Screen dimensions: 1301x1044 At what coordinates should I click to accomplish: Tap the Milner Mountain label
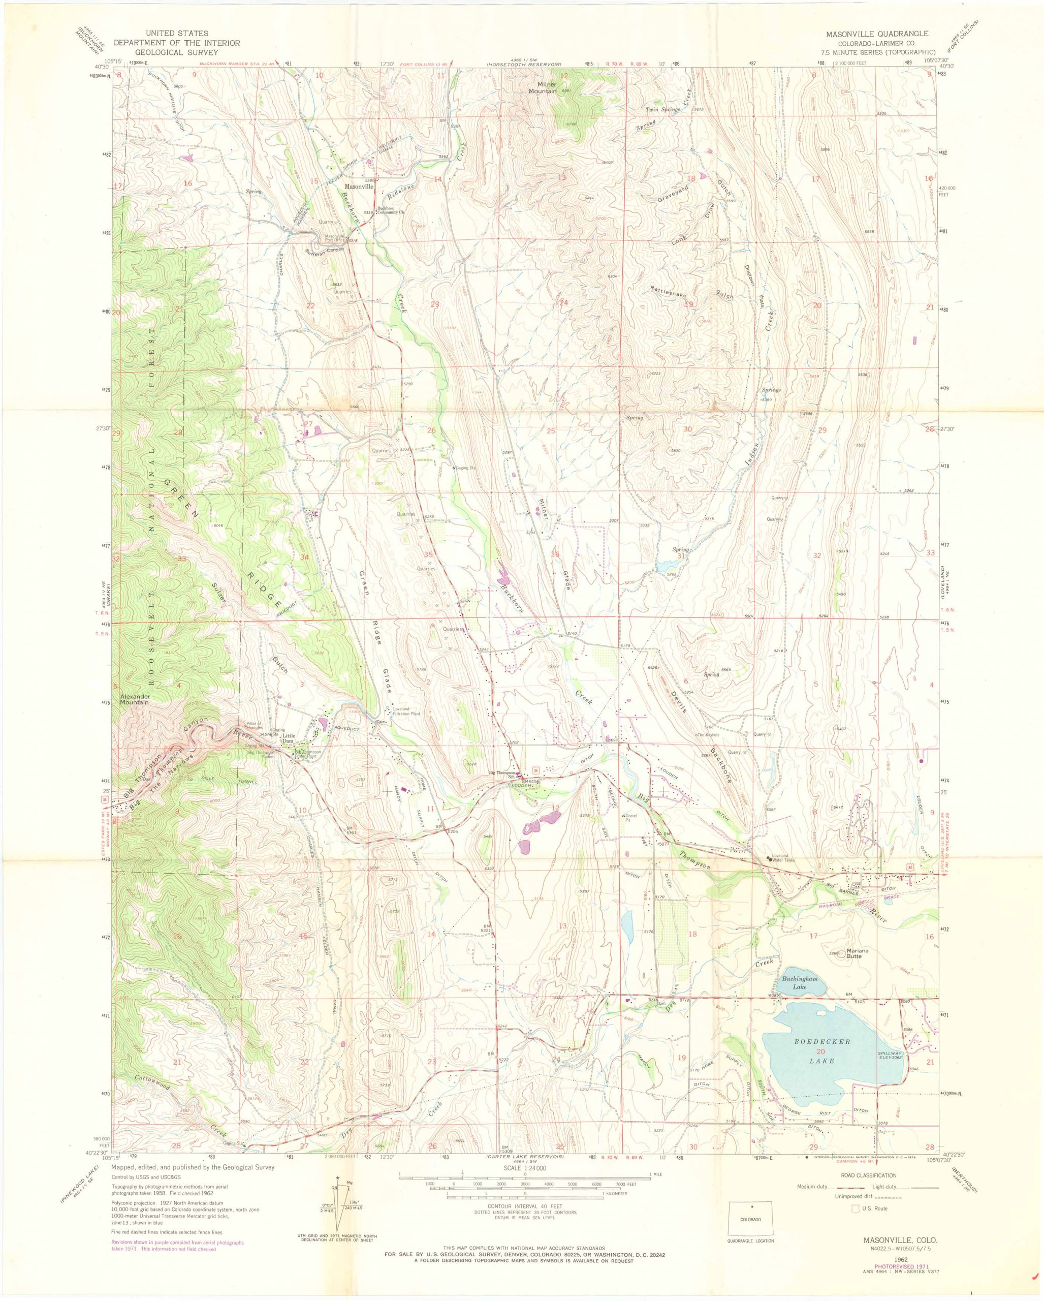[x=542, y=87]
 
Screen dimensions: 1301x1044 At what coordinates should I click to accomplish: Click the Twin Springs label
[x=663, y=110]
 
